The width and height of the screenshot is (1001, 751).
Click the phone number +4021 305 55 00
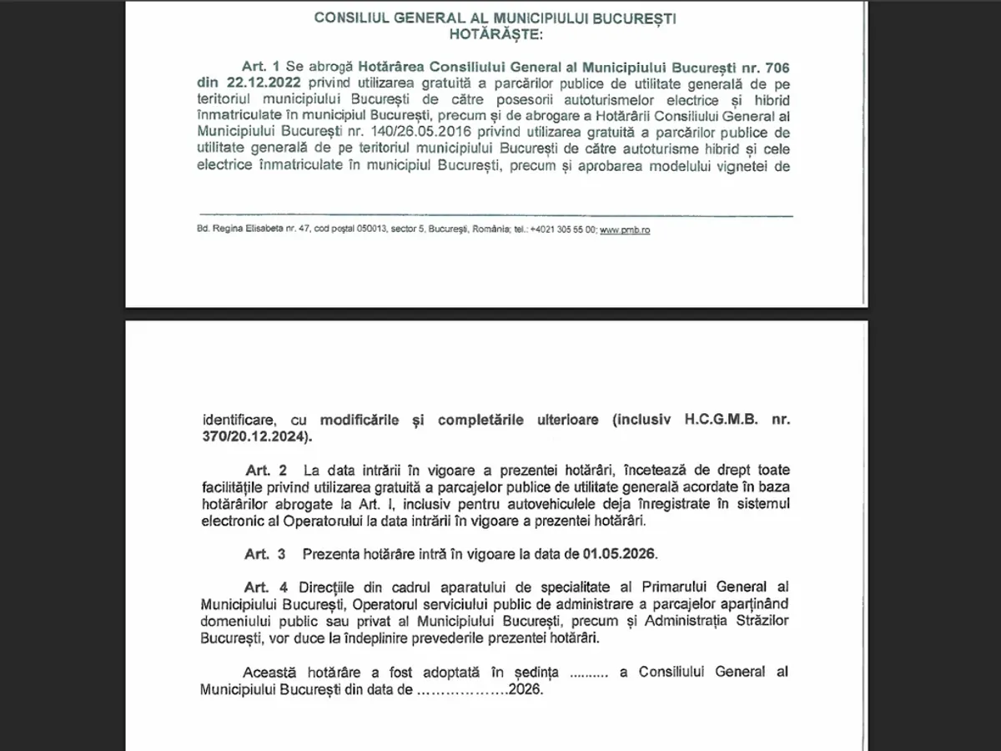pos(563,229)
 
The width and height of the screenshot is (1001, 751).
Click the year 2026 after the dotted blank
pos(526,690)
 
